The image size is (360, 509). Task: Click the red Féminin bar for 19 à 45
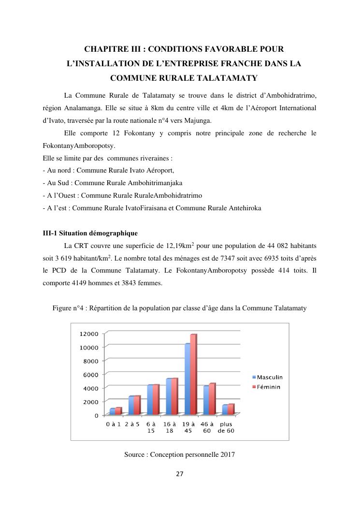point(193,375)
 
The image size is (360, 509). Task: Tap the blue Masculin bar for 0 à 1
point(112,411)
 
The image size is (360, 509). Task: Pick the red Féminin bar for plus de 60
point(231,409)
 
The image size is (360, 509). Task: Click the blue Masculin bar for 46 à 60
point(206,400)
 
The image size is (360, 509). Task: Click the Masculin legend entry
point(267,377)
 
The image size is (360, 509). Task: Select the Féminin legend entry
point(266,387)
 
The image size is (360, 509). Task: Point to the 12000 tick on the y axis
point(89,334)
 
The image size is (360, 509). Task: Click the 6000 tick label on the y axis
point(91,375)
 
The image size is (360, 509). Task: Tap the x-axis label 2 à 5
point(132,424)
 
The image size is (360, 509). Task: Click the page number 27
point(180,474)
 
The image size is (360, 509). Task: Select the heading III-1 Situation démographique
point(90,233)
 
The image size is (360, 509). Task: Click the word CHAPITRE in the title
point(106,49)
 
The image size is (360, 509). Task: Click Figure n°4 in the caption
point(71,308)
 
